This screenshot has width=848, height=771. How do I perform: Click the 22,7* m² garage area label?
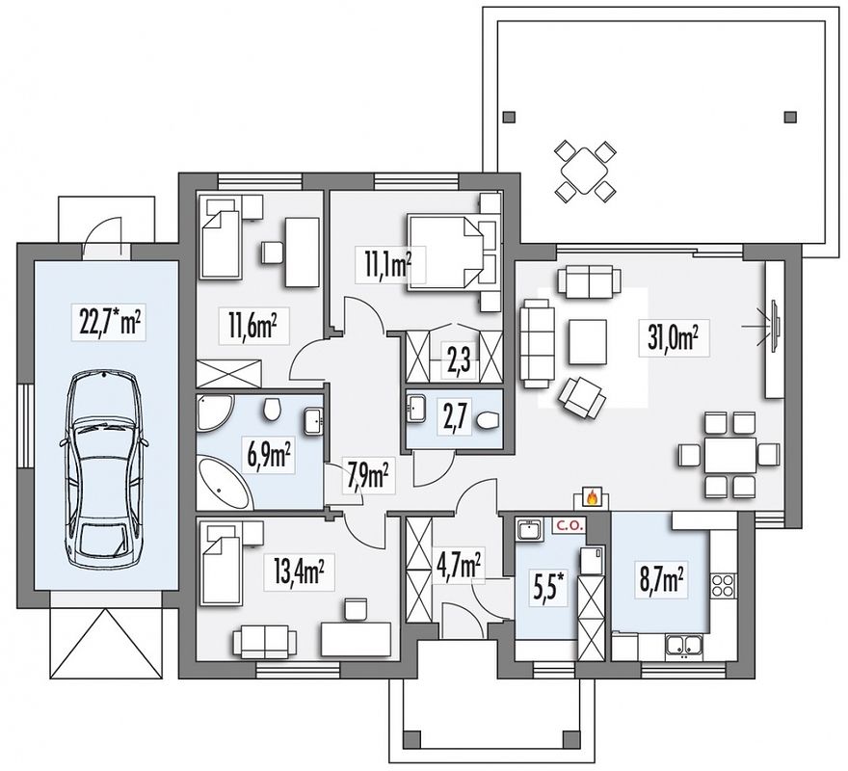(109, 324)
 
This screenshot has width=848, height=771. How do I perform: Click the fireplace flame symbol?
(593, 496)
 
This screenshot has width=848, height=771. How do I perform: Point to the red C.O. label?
(567, 525)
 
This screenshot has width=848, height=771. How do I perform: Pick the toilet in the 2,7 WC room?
(490, 420)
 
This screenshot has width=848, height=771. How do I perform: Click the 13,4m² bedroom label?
(299, 572)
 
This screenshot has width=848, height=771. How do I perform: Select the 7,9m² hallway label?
(370, 474)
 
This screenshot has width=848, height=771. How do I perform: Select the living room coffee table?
(587, 342)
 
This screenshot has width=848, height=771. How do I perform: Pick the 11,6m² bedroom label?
(253, 327)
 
